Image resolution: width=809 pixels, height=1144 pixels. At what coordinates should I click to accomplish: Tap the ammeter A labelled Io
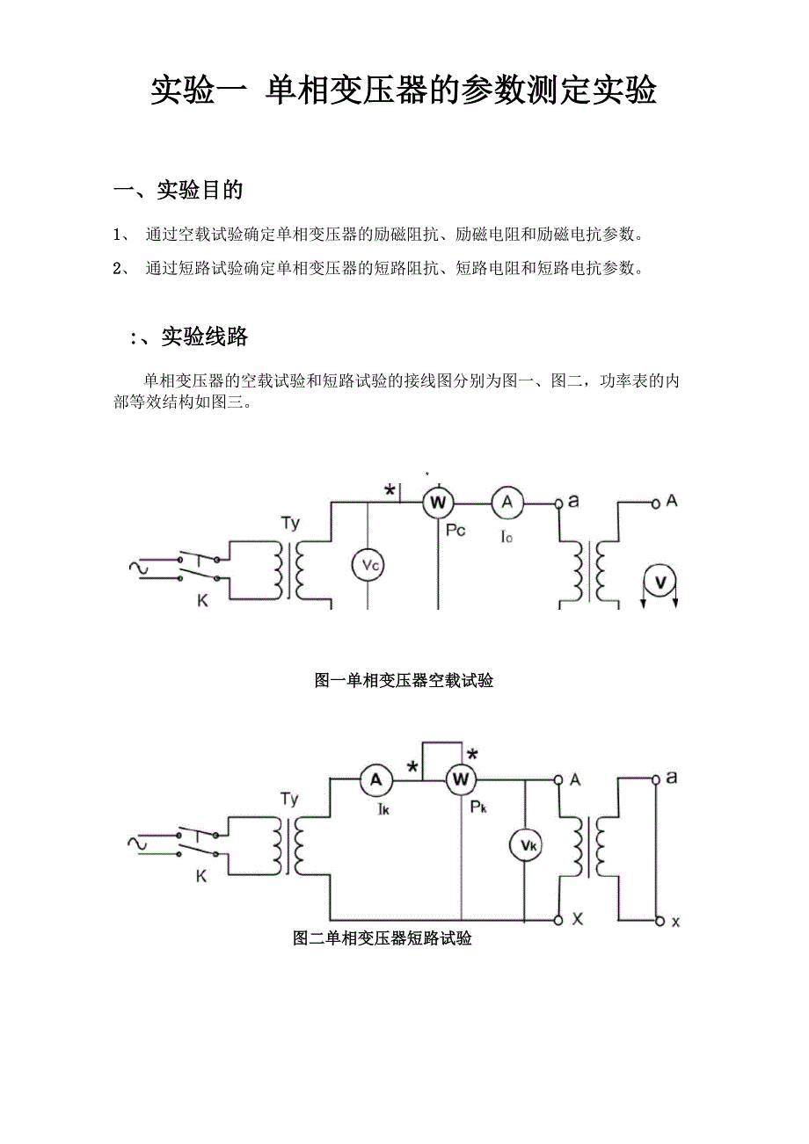pyautogui.click(x=507, y=502)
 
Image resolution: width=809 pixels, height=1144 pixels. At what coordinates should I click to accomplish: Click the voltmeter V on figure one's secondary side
pyautogui.click(x=660, y=581)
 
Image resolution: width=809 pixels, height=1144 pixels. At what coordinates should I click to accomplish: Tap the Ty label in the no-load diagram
pyautogui.click(x=290, y=524)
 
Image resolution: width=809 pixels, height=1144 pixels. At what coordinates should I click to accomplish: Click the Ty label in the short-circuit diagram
pyautogui.click(x=289, y=800)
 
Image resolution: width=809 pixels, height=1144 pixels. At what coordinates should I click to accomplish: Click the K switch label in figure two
pyautogui.click(x=200, y=876)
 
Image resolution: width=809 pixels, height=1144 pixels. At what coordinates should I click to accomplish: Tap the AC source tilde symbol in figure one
pyautogui.click(x=138, y=568)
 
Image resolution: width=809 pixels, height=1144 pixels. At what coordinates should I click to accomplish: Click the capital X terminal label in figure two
pyautogui.click(x=578, y=919)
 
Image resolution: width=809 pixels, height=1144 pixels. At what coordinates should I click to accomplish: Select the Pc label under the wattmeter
pyautogui.click(x=456, y=529)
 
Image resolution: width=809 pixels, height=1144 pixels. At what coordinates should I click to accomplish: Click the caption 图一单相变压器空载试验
pyautogui.click(x=404, y=680)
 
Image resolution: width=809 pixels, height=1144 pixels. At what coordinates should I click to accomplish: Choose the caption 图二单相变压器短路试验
pyautogui.click(x=383, y=938)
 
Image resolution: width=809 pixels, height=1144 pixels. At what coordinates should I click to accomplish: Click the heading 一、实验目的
pyautogui.click(x=179, y=190)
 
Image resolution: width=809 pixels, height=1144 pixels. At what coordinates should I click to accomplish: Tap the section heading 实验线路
pyautogui.click(x=204, y=337)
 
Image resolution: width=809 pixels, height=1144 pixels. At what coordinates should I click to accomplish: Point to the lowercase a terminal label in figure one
pyautogui.click(x=573, y=502)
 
